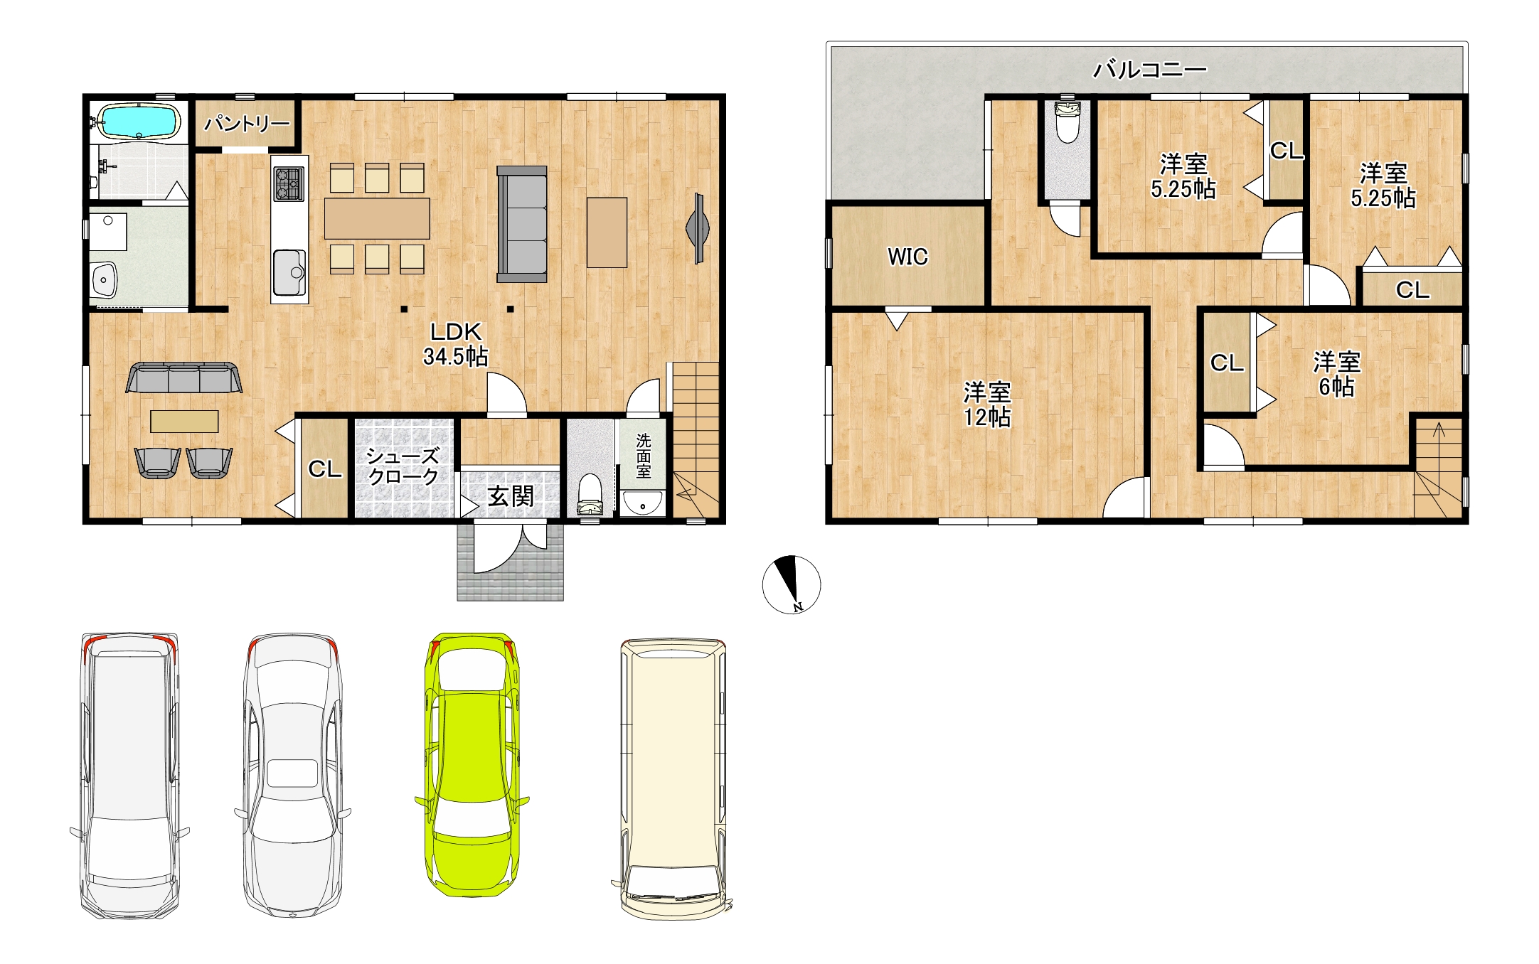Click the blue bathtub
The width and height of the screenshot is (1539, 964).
tap(137, 122)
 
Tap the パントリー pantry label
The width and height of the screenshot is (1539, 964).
tap(247, 124)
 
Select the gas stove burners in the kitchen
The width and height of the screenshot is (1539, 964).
tap(289, 183)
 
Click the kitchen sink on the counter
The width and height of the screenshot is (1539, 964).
tap(289, 272)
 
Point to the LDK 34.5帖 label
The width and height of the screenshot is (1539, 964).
tap(456, 343)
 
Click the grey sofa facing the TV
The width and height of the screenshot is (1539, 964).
tap(522, 224)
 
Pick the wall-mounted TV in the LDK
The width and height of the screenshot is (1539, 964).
tap(698, 228)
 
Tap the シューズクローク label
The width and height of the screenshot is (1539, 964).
tap(403, 466)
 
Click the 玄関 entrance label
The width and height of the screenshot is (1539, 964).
tap(511, 496)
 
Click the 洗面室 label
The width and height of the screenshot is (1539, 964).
tap(644, 456)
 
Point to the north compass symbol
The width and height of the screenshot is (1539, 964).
tap(792, 584)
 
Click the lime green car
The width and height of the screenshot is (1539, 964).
tap(472, 764)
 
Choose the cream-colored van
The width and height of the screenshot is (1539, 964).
tap(673, 778)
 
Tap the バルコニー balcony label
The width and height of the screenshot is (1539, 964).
tap(1150, 69)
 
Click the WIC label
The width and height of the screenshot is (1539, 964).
tap(907, 257)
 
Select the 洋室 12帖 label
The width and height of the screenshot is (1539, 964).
tap(987, 404)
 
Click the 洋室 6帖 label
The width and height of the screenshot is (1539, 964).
tap(1337, 374)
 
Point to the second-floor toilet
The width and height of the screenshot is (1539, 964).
tap(1067, 122)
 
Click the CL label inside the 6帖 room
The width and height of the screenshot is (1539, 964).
tap(1227, 363)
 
